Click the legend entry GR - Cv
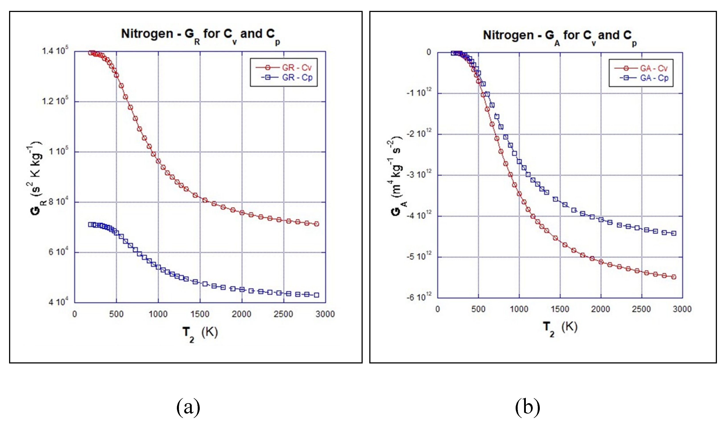tap(296, 68)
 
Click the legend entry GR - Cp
tap(296, 77)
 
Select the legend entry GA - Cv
tap(653, 68)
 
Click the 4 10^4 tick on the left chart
tap(58, 302)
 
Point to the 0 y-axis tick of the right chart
tap(429, 52)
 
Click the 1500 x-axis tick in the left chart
tap(200, 314)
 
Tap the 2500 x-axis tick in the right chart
tap(641, 309)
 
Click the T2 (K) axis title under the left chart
tap(200, 334)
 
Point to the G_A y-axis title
tap(397, 176)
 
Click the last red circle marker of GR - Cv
tap(316, 224)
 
